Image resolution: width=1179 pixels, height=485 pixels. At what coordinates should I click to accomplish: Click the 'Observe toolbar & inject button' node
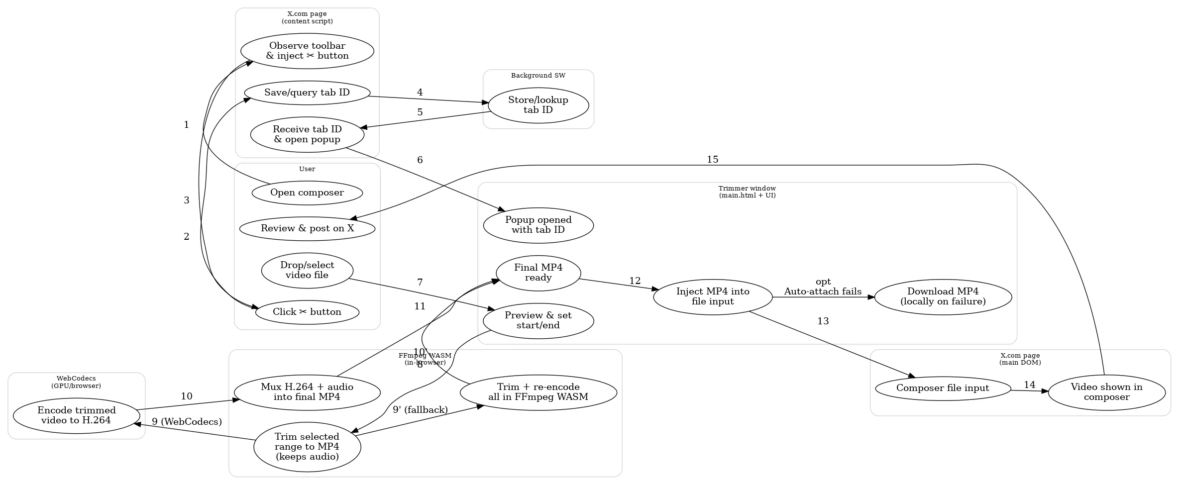click(307, 51)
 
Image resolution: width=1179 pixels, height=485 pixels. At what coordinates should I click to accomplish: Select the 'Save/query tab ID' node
click(307, 93)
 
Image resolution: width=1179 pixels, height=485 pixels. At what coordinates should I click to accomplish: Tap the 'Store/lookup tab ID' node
click(538, 105)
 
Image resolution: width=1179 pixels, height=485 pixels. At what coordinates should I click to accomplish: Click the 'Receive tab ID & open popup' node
click(307, 134)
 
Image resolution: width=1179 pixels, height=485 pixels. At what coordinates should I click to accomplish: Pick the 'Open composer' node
click(307, 193)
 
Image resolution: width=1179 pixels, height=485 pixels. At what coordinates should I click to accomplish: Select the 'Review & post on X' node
click(307, 229)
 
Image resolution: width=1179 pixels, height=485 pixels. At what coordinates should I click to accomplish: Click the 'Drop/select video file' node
click(307, 270)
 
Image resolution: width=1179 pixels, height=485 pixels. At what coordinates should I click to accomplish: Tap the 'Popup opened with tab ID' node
click(538, 225)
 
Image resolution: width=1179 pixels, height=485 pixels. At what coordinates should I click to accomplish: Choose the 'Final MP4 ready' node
click(538, 273)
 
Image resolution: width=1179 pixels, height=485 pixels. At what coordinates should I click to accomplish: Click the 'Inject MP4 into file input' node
click(712, 296)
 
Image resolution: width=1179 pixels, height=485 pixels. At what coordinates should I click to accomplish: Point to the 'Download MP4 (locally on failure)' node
click(943, 296)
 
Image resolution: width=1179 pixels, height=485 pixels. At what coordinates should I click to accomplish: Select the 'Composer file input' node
click(942, 388)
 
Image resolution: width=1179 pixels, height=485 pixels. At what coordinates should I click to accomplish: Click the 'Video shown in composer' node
click(1106, 392)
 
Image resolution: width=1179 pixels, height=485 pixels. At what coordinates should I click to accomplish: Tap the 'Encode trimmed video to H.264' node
click(76, 415)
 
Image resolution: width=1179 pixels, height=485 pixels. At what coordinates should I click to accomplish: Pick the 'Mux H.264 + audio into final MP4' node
click(307, 392)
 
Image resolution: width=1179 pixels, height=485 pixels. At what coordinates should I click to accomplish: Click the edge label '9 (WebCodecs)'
click(187, 422)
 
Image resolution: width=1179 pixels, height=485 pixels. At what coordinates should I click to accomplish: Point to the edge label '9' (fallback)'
click(420, 410)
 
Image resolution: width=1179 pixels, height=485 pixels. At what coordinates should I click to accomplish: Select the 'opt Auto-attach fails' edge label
click(823, 287)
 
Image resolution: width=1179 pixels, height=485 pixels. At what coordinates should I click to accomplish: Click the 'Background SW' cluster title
click(538, 76)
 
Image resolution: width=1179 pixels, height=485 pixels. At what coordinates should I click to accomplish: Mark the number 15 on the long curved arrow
click(712, 160)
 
